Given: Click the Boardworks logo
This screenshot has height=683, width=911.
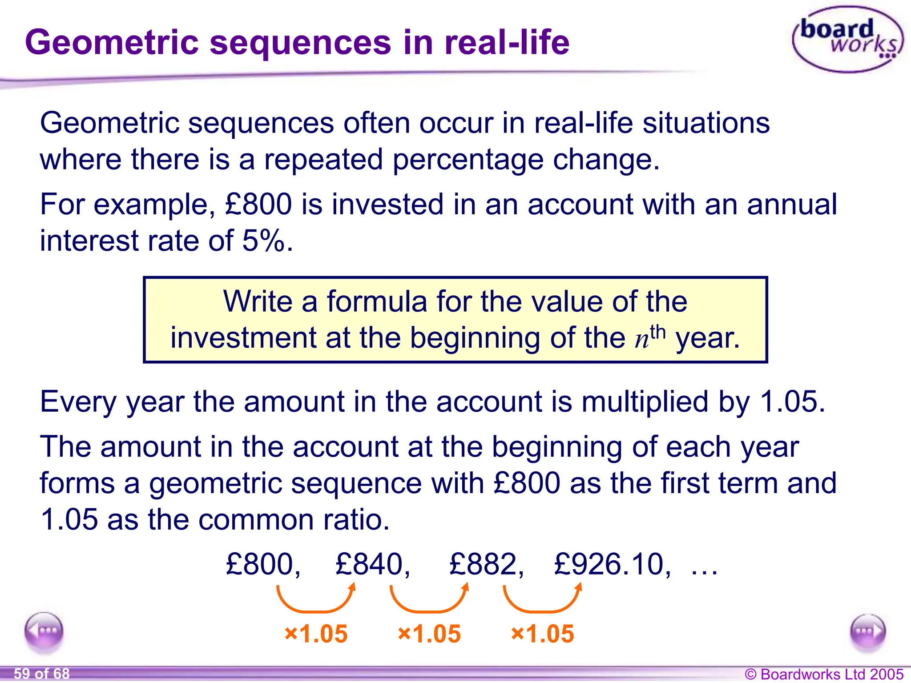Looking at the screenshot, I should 847,39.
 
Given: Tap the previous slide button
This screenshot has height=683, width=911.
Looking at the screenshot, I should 44,631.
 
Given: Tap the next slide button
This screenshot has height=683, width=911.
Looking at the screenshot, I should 867,631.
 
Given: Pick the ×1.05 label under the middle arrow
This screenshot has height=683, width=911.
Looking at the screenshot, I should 429,634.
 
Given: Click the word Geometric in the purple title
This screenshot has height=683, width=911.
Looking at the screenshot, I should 111,42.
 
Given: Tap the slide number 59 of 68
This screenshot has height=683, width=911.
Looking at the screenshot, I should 42,674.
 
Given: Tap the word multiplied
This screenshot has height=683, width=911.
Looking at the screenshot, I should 645,401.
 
